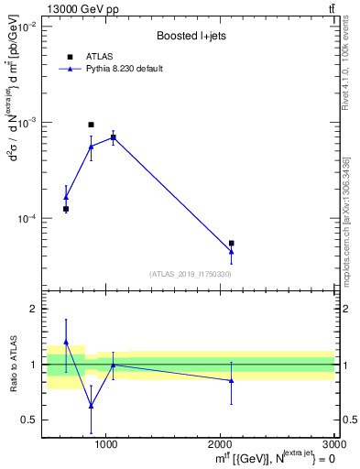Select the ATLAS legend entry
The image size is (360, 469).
point(99,57)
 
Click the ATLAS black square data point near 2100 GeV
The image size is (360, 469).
point(232,243)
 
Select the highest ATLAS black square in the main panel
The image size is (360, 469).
point(91,125)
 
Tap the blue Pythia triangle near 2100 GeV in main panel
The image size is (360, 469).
point(232,251)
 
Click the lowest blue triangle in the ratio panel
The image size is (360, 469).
point(91,406)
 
